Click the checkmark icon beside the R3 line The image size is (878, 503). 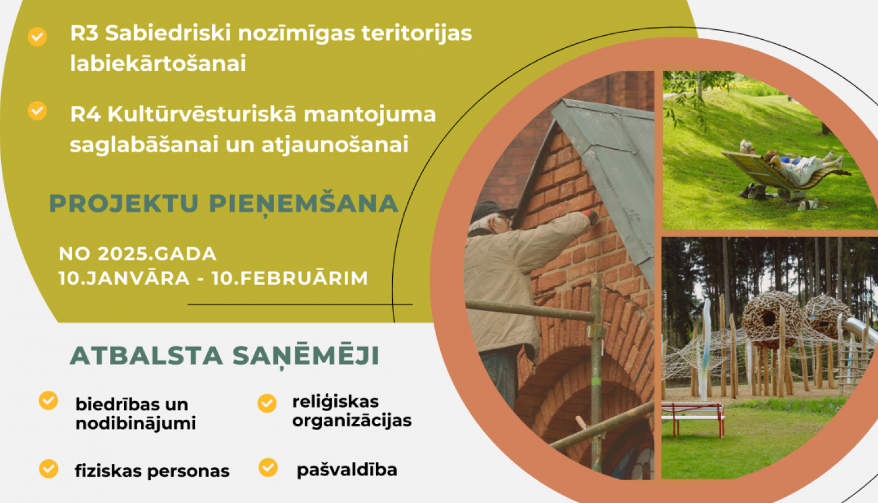37,37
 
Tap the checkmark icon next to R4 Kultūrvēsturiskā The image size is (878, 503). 37,111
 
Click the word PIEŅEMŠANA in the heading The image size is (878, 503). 303,204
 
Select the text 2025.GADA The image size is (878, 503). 157,254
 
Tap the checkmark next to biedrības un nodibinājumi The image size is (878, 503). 49,401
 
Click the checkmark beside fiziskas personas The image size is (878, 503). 49,468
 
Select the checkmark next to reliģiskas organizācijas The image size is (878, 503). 267,403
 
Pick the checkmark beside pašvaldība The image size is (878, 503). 268,467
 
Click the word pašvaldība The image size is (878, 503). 347,470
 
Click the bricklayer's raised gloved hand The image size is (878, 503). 591,218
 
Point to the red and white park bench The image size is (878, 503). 693,417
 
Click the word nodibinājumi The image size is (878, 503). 135,423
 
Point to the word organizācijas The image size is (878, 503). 352,421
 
